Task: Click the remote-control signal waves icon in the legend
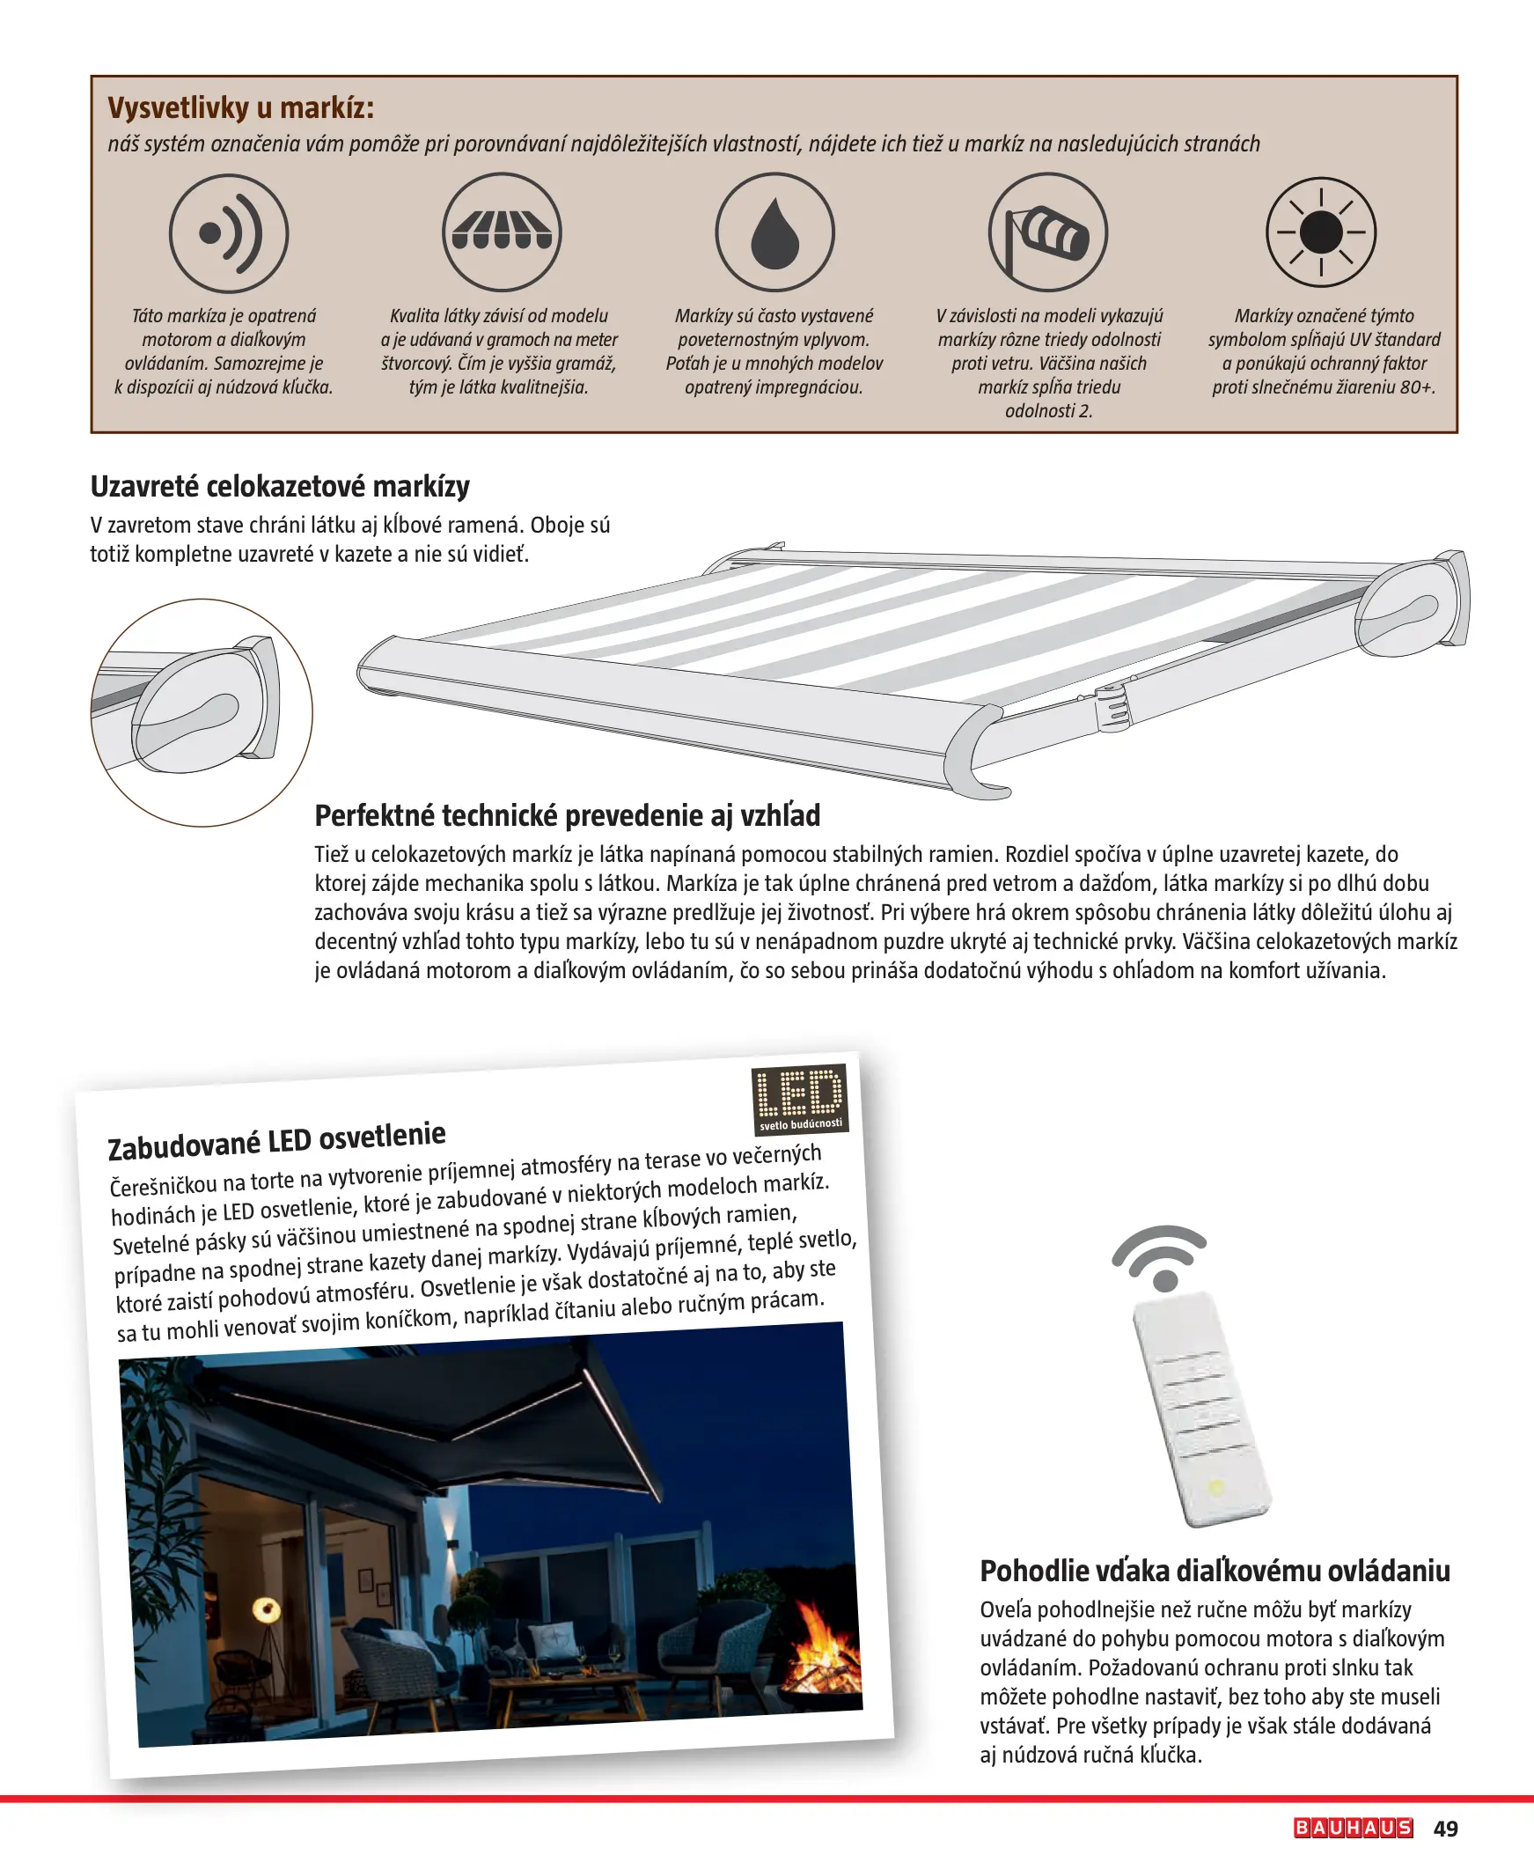point(229,233)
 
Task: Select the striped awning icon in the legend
point(502,232)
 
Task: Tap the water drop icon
point(775,232)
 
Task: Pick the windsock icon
point(1048,232)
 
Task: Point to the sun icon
point(1321,232)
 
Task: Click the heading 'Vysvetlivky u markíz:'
point(241,107)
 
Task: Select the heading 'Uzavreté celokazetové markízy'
point(280,486)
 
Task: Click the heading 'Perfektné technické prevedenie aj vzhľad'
point(568,814)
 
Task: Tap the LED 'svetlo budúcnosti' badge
point(800,1100)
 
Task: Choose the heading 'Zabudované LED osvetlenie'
point(276,1140)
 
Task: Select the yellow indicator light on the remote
point(1216,1487)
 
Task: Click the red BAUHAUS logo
point(1353,1828)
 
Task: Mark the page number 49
point(1446,1829)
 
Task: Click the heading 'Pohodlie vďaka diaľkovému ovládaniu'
point(1215,1571)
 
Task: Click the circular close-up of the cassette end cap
point(202,712)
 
